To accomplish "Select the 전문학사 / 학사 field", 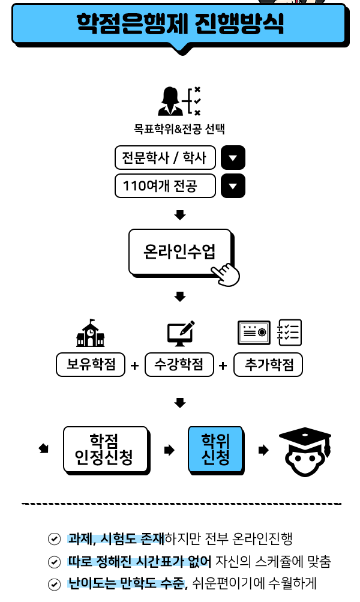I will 165,158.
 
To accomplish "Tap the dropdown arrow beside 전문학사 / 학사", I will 233,158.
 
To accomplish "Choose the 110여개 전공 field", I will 165,186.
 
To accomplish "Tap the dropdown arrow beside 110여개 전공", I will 233,186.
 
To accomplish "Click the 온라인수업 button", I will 179,251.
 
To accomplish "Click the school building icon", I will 90,334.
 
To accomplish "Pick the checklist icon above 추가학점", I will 290,333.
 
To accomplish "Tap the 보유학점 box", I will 91,364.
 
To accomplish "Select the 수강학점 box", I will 179,364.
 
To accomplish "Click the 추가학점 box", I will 268,364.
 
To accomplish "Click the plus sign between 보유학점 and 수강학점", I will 135,366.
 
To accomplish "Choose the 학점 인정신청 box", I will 105,450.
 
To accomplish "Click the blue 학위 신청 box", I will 215,450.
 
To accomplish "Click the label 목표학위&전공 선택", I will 179,129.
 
